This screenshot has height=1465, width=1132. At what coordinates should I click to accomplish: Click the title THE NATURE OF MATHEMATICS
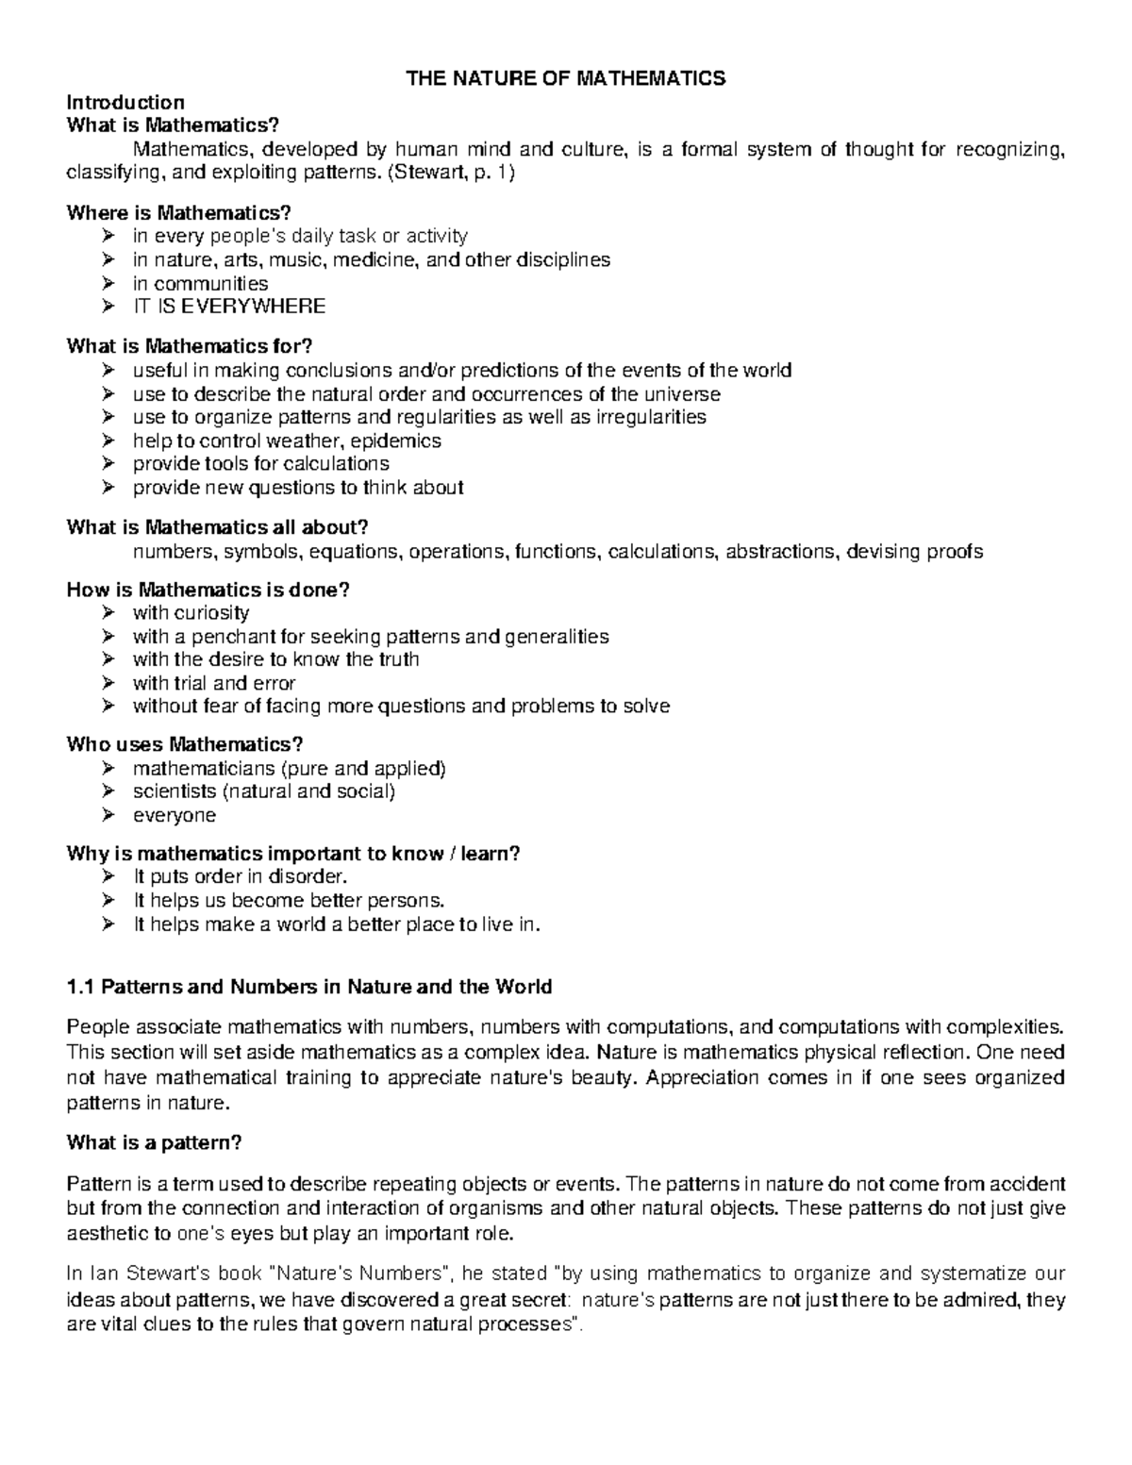tap(565, 78)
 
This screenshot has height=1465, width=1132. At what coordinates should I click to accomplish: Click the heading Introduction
tap(125, 102)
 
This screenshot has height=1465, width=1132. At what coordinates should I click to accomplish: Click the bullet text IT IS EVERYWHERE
tap(228, 307)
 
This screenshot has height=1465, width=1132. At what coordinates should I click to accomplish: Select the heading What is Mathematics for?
tap(189, 346)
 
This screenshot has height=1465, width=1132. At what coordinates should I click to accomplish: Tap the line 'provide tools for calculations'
tap(260, 464)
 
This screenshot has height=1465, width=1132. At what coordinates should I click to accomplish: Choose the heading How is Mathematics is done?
tap(208, 591)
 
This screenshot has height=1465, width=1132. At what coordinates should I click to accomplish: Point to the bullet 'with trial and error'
tap(214, 683)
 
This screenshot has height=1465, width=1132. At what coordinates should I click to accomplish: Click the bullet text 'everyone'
tap(174, 815)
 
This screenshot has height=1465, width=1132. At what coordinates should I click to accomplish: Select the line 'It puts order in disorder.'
tap(233, 877)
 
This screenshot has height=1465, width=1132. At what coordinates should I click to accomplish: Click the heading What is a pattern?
tap(154, 1142)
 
